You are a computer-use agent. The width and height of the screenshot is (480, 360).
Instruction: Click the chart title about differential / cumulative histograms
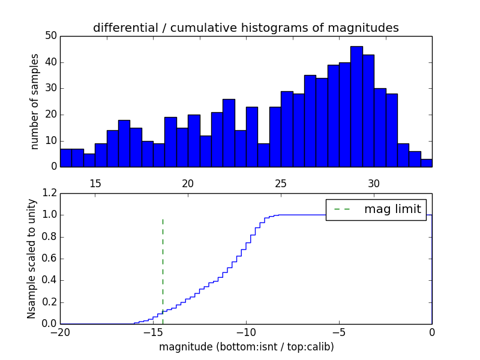[x=245, y=28]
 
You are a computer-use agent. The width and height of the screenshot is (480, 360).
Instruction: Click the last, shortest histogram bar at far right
[x=426, y=163]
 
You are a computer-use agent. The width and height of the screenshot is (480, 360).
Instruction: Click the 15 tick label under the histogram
[x=95, y=183]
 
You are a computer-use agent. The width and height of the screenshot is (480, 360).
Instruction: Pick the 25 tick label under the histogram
[x=281, y=183]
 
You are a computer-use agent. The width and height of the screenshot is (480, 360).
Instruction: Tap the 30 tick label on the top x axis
[x=374, y=183]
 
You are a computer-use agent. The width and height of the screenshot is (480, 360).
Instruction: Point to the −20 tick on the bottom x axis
[x=60, y=331]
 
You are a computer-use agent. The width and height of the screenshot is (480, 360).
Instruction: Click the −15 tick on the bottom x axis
[x=153, y=331]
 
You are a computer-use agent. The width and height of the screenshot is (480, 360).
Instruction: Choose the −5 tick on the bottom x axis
[x=339, y=331]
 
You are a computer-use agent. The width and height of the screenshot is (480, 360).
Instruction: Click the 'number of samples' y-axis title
[x=35, y=101]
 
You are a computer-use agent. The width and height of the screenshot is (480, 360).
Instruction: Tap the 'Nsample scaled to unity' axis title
[x=31, y=259]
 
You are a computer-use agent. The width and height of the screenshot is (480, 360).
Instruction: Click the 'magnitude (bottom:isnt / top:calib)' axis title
[x=246, y=347]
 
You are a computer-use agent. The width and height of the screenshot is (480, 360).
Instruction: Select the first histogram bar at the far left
[x=66, y=158]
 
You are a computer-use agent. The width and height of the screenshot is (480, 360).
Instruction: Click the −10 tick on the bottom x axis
[x=246, y=331]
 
